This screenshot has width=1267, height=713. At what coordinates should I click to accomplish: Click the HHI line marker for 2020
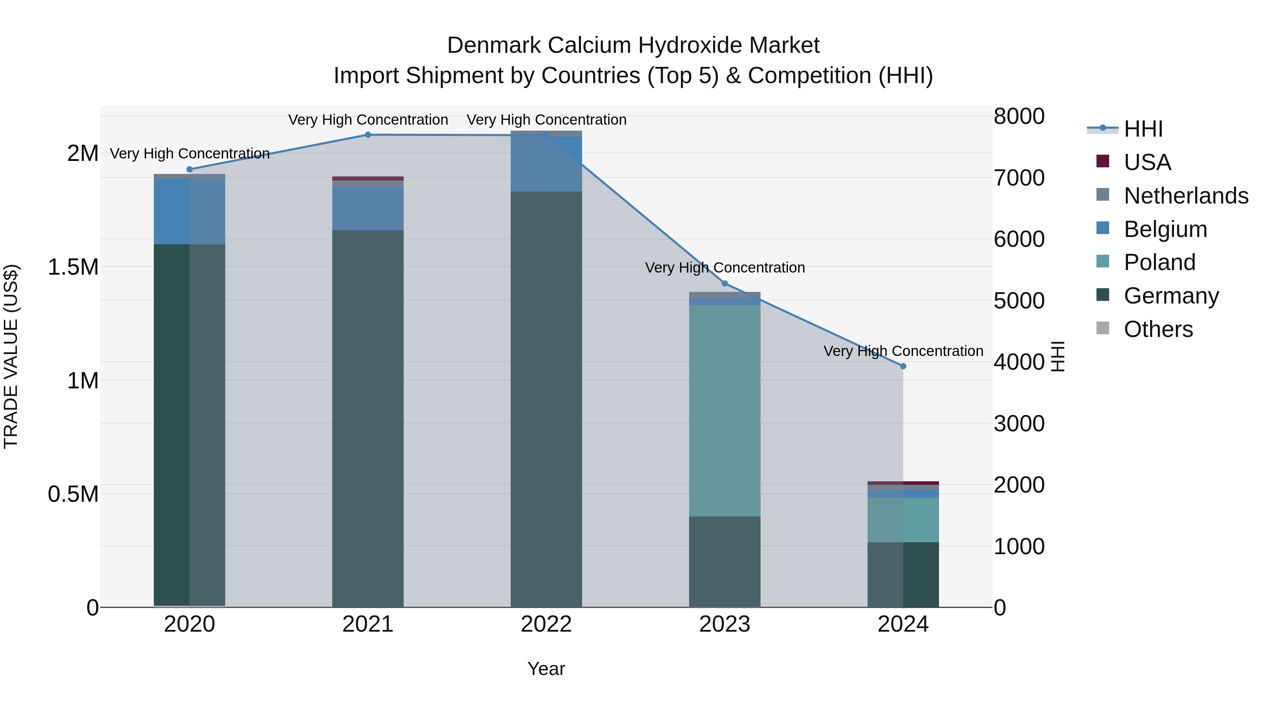pyautogui.click(x=189, y=169)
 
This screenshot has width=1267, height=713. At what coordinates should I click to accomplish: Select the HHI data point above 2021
pyautogui.click(x=368, y=135)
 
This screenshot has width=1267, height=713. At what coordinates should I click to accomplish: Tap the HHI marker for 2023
pyautogui.click(x=725, y=283)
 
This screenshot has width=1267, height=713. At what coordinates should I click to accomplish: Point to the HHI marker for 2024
pyautogui.click(x=903, y=366)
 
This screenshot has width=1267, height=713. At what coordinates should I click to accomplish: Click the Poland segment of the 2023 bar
pyautogui.click(x=725, y=411)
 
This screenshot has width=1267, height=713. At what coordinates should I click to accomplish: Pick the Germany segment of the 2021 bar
pyautogui.click(x=368, y=418)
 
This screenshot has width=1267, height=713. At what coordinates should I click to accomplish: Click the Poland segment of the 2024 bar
pyautogui.click(x=903, y=520)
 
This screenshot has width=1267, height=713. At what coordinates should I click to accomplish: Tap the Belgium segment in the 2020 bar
pyautogui.click(x=189, y=212)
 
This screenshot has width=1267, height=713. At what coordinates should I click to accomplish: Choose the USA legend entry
pyautogui.click(x=1147, y=162)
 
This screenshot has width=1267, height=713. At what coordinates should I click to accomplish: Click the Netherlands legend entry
pyautogui.click(x=1185, y=196)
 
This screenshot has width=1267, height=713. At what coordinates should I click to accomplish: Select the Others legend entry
pyautogui.click(x=1158, y=329)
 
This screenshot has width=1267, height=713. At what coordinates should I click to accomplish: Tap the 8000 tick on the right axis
pyautogui.click(x=1019, y=117)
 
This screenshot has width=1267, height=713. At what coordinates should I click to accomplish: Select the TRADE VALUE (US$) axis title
pyautogui.click(x=11, y=356)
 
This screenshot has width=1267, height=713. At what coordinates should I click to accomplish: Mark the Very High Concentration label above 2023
pyautogui.click(x=725, y=268)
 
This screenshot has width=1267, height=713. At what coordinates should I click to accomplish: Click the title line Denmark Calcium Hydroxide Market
pyautogui.click(x=633, y=45)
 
